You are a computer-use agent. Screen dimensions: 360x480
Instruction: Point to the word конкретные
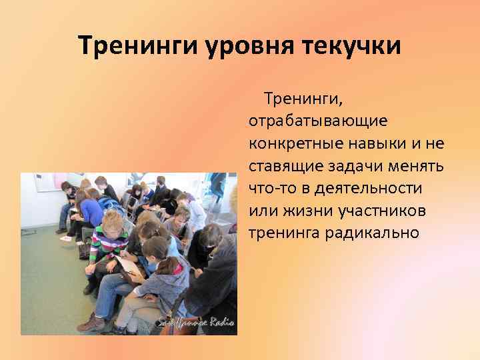(x=291, y=144)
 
